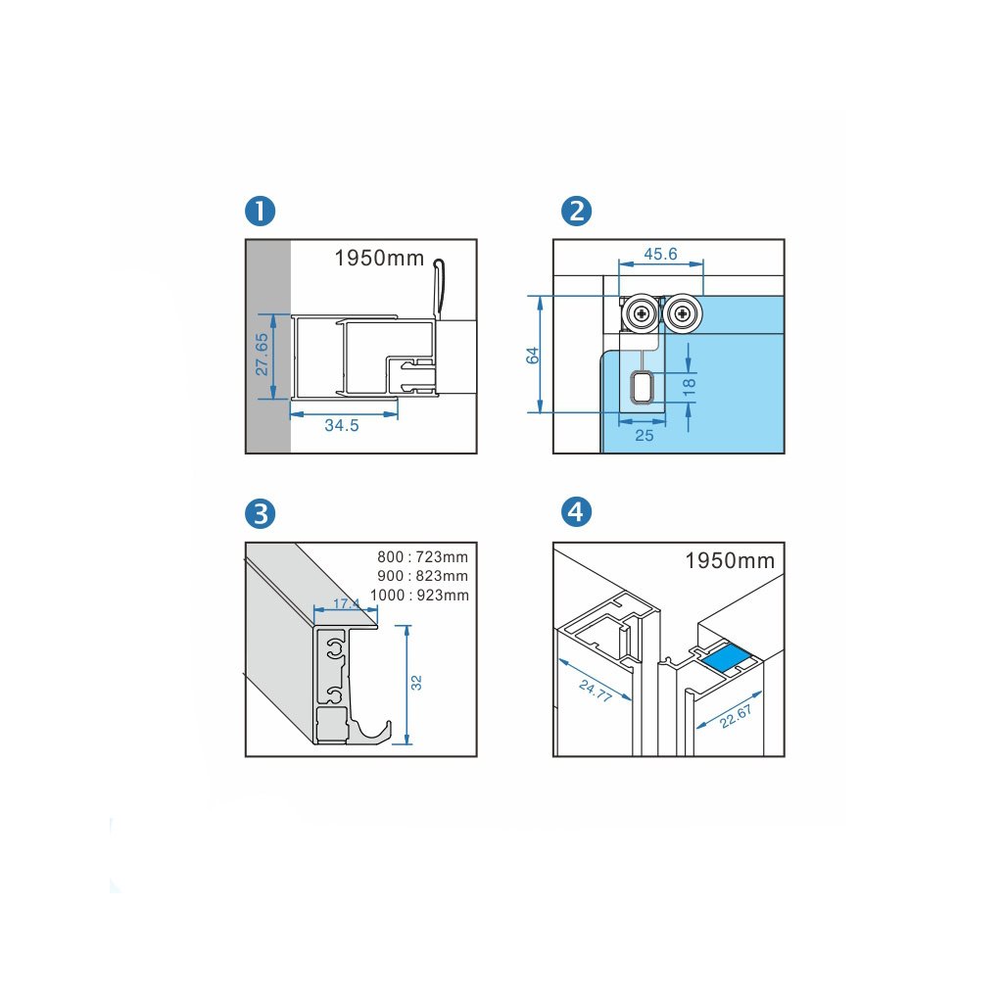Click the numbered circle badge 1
click(x=260, y=211)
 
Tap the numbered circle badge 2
click(x=575, y=211)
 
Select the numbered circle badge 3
click(x=260, y=512)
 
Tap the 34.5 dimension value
click(x=343, y=426)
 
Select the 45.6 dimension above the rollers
click(x=660, y=254)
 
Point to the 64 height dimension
click(x=533, y=355)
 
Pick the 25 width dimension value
click(x=644, y=435)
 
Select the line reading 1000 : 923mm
click(x=422, y=595)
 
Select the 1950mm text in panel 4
click(x=730, y=561)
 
